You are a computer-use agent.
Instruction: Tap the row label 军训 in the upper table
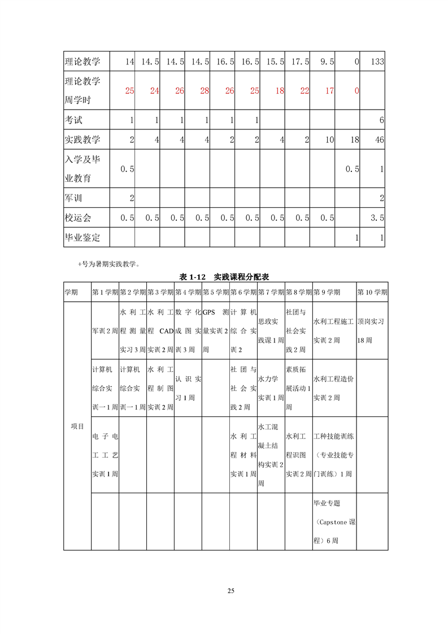(x=75, y=198)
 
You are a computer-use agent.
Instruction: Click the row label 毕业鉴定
(x=82, y=237)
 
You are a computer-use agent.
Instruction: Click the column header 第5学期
(x=215, y=292)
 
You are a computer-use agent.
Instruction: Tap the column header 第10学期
(x=372, y=292)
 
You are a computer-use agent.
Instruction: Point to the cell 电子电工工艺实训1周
(x=105, y=455)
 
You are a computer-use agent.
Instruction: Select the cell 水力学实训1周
(x=271, y=388)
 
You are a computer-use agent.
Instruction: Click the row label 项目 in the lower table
(x=77, y=426)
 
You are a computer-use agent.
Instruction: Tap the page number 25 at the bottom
(x=230, y=591)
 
